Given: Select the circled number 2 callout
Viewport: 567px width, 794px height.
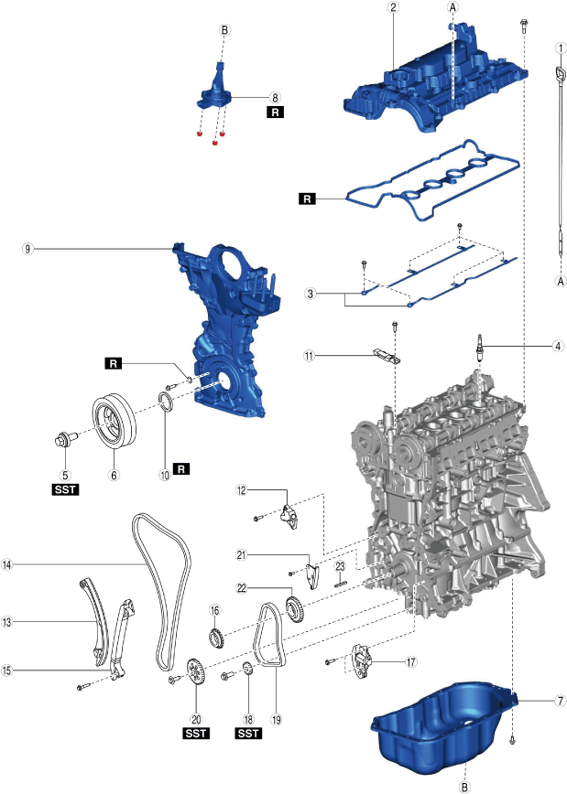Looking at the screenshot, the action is point(393,7).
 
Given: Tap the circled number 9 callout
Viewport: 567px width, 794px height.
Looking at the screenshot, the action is point(30,247).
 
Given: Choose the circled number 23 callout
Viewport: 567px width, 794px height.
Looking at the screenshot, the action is point(338,567).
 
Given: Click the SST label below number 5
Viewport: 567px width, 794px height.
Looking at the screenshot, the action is point(65,490).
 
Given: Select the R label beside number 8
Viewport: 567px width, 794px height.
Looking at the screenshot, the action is point(275,113).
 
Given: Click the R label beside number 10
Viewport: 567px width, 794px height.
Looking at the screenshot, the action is point(181,469).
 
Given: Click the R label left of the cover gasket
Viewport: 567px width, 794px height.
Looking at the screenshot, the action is point(307,198).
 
